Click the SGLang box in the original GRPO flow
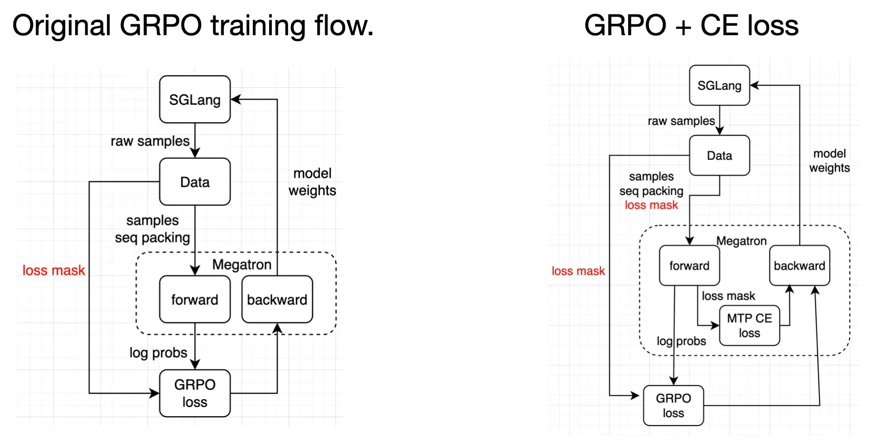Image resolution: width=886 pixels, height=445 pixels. click(195, 99)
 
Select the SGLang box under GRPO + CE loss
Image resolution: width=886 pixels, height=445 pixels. click(719, 85)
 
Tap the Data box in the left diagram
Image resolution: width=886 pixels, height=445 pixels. click(195, 182)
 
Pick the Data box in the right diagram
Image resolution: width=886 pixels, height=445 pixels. click(719, 155)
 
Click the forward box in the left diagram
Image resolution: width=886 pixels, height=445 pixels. click(195, 299)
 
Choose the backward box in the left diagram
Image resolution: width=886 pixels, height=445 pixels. click(277, 299)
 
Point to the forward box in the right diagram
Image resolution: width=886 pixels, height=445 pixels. click(690, 265)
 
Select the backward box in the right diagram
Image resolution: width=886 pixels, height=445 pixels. click(800, 265)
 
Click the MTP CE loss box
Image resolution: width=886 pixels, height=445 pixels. click(750, 325)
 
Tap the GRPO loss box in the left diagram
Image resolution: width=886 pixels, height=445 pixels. click(195, 393)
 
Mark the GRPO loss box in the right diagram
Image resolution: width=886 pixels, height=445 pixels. click(673, 405)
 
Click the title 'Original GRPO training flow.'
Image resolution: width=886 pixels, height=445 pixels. click(193, 25)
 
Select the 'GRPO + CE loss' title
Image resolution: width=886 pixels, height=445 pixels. click(691, 25)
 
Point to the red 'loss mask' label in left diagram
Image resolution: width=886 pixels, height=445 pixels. click(54, 270)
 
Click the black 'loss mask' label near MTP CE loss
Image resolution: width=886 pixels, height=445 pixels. click(728, 296)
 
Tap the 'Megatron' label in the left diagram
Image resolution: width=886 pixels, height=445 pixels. click(242, 264)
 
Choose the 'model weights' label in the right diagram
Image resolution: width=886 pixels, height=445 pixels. click(830, 161)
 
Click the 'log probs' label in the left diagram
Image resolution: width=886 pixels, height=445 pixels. click(158, 352)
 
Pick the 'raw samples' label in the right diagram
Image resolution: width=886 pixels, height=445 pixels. click(681, 121)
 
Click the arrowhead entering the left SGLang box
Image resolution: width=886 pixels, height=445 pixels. click(236, 99)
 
